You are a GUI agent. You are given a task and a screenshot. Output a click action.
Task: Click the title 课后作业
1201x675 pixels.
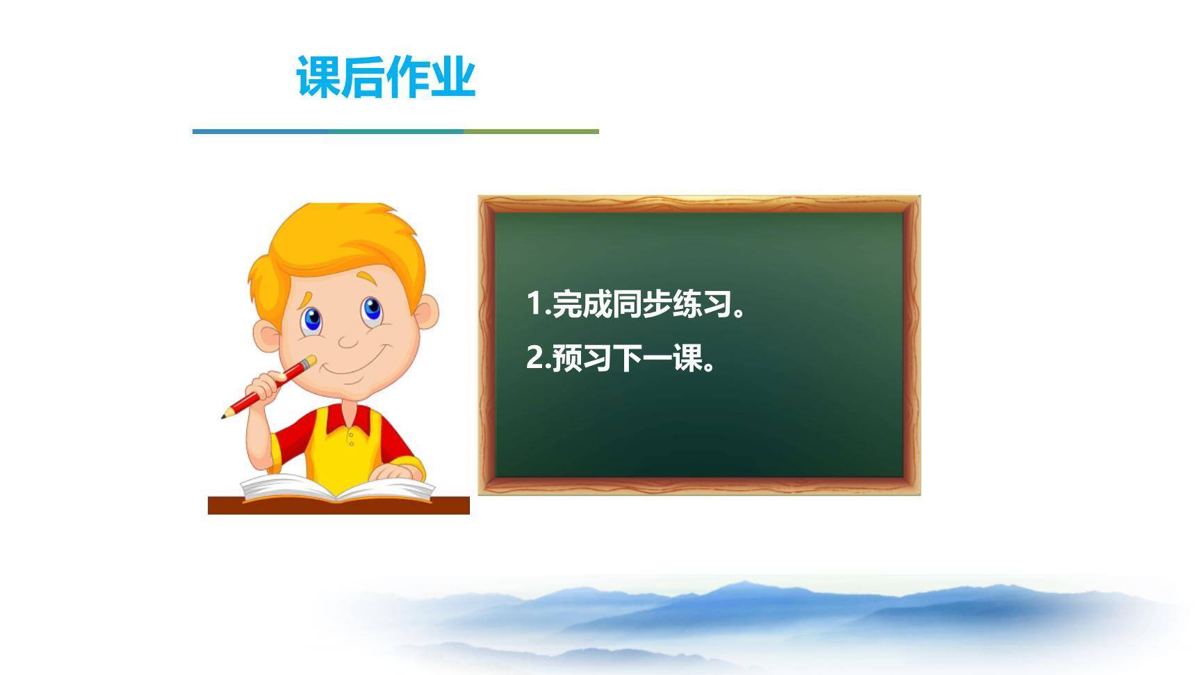pos(386,76)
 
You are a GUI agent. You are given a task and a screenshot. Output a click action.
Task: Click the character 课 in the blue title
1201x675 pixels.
pos(319,76)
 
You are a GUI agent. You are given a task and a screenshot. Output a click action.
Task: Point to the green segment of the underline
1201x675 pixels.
pos(531,131)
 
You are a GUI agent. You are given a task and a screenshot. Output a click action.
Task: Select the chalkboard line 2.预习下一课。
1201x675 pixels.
pos(621,358)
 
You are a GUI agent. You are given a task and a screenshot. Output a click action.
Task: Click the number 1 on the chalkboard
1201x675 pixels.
pos(534,304)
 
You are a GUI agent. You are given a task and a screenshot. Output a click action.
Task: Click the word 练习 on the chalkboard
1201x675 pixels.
pos(702,304)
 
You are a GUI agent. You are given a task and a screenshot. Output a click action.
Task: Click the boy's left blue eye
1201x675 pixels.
pos(312,320)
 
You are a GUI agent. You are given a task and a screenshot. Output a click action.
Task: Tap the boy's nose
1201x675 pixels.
pos(348,340)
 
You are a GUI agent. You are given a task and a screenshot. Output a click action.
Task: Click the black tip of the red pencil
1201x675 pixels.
pos(224,417)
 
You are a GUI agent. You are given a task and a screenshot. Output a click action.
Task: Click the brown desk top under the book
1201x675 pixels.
pos(338,506)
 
